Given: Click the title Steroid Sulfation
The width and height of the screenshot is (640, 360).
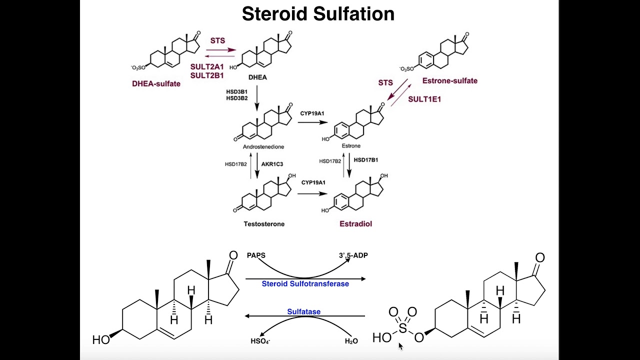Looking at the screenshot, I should (318, 13).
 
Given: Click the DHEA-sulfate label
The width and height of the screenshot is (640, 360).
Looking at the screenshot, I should (156, 83).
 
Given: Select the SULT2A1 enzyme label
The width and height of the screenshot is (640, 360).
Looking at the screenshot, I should (207, 66).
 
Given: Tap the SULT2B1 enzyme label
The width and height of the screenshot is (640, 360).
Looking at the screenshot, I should (207, 75).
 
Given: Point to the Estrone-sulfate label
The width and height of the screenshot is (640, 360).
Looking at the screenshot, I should (449, 80).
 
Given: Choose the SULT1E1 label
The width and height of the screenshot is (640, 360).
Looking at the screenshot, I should (424, 99).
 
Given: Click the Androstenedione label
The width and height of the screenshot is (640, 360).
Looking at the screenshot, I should (263, 146).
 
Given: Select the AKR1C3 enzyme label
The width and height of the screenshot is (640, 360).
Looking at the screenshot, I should (272, 163).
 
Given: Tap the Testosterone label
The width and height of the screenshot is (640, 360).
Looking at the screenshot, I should (264, 224).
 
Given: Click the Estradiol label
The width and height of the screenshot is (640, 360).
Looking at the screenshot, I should (355, 224).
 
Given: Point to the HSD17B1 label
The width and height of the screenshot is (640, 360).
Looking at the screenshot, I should (366, 160).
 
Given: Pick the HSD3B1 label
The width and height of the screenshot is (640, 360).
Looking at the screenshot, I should (236, 91).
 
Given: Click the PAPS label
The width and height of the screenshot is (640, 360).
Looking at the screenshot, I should (256, 255).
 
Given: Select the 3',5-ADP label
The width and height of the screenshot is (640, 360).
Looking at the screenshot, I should (353, 255).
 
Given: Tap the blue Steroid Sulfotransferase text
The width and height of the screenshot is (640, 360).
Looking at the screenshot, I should (305, 284).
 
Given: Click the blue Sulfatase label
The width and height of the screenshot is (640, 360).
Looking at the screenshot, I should (303, 312).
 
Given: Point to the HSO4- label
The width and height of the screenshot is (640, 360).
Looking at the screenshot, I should (260, 342).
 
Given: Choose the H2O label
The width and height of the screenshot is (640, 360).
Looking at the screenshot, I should (351, 342).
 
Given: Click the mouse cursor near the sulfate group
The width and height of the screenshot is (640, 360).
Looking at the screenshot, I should (400, 345).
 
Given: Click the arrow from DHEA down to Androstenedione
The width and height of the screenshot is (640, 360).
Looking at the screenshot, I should (257, 98).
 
